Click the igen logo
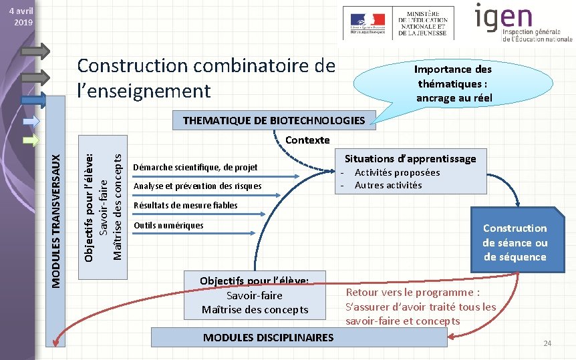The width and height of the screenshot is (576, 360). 523,23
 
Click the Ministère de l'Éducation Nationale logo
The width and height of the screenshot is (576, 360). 398,23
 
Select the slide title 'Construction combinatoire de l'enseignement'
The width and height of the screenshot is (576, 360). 206,77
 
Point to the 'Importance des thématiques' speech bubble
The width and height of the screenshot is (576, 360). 452,83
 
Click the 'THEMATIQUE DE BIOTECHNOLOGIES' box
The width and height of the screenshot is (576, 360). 274,120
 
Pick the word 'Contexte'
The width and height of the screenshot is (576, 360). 307,140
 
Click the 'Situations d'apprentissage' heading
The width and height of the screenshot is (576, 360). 410,158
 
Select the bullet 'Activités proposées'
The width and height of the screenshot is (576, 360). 397,172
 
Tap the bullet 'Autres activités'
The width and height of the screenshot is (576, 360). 388,185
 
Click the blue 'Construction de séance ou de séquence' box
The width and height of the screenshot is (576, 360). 515,242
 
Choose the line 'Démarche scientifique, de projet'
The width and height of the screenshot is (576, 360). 195,167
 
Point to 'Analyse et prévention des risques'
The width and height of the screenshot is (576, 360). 198,186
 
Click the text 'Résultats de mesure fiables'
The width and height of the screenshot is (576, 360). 186,205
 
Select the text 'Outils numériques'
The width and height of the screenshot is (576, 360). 168,225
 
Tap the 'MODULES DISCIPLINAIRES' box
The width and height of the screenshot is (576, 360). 268,337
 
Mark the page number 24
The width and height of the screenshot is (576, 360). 547,343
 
